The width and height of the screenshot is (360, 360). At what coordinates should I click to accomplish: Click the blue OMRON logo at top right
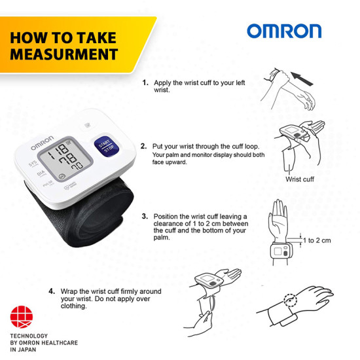click(284, 31)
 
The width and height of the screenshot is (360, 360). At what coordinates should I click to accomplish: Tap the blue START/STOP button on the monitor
click(107, 147)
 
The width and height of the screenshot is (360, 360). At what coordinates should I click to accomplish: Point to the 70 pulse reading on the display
click(77, 166)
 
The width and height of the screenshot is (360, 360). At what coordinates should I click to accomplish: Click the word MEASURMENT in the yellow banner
click(64, 54)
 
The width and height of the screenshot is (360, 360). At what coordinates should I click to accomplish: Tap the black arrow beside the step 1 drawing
click(302, 79)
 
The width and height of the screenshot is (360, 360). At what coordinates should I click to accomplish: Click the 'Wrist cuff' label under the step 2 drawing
click(300, 179)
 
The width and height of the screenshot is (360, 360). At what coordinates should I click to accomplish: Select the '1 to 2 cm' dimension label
click(317, 240)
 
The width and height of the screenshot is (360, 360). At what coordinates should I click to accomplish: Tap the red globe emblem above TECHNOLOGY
click(22, 317)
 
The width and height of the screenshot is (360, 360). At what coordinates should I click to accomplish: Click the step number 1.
click(145, 82)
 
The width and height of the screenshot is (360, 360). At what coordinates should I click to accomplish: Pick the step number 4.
click(52, 291)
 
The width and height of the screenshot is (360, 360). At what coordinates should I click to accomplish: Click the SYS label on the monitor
click(33, 164)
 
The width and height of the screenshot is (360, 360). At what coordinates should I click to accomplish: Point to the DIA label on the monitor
click(41, 173)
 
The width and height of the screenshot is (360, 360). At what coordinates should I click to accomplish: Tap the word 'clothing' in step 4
click(73, 306)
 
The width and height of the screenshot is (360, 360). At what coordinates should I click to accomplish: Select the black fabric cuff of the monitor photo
click(87, 216)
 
